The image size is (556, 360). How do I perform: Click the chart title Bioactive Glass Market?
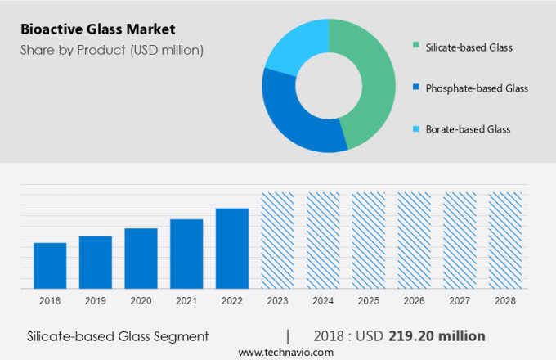[99, 30]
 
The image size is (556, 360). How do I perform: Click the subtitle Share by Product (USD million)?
[112, 50]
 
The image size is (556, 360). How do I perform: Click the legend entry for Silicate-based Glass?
[469, 47]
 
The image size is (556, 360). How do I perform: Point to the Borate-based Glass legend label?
[468, 128]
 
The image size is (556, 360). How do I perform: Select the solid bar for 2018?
[50, 265]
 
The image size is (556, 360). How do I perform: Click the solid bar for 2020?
[141, 258]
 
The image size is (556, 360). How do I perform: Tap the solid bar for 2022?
[232, 248]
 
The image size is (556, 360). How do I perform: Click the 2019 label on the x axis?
[96, 301]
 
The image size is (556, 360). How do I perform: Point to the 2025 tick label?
[368, 301]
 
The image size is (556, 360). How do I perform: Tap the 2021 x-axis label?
[186, 301]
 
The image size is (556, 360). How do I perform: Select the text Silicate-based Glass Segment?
[118, 336]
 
